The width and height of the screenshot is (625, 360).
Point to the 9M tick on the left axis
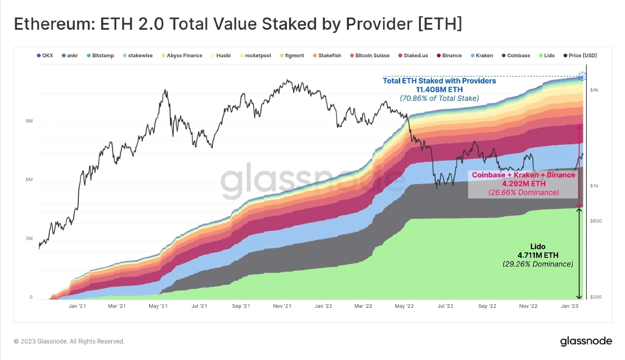(x=29, y=121)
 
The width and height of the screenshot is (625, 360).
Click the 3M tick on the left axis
(x=29, y=239)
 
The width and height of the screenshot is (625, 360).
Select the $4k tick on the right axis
(x=594, y=90)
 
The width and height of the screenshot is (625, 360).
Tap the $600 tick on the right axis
(x=595, y=221)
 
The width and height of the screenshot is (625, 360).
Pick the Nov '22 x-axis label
(x=528, y=306)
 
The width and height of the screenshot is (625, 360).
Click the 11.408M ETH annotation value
(x=439, y=89)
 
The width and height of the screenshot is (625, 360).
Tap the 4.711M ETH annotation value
(x=538, y=255)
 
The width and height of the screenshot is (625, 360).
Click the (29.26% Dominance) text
(x=538, y=264)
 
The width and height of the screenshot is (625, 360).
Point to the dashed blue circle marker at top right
(x=582, y=76)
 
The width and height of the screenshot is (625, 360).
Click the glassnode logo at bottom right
(x=586, y=341)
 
